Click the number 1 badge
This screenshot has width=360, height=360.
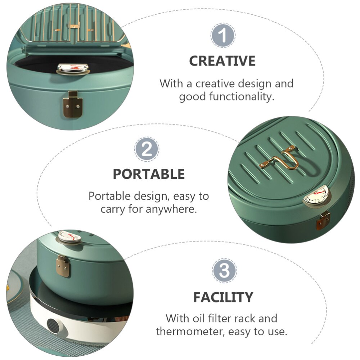click(223, 35)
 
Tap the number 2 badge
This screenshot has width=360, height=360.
click(147, 149)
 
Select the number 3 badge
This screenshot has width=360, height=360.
click(224, 270)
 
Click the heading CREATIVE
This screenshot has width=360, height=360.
click(222, 61)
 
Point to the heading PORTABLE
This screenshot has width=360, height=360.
click(149, 174)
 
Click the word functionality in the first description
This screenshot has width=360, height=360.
click(242, 96)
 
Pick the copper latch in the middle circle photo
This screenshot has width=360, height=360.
click(323, 221)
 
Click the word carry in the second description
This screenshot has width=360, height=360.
click(113, 210)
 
